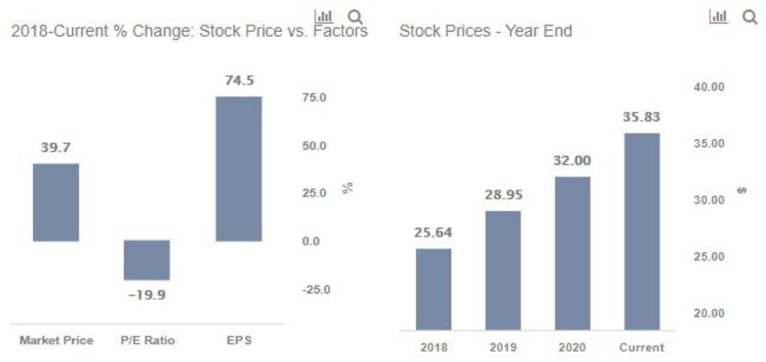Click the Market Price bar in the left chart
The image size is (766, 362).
click(x=56, y=202)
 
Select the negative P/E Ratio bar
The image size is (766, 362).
click(x=147, y=260)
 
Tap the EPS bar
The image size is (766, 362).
click(x=239, y=169)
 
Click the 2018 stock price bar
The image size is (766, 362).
click(x=434, y=289)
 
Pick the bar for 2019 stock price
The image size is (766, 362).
click(x=503, y=271)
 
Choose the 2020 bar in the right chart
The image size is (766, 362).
click(x=572, y=253)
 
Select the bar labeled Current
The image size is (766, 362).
click(x=642, y=232)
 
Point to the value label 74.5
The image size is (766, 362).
click(x=239, y=81)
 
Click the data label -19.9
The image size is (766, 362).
click(x=147, y=295)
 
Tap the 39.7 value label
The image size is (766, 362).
click(x=56, y=148)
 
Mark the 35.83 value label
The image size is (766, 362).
click(x=641, y=117)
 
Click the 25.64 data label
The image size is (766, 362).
click(x=434, y=233)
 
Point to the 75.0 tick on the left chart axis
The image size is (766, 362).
click(x=314, y=97)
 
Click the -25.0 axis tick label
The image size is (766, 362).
click(x=316, y=289)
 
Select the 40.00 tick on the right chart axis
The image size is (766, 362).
click(x=708, y=86)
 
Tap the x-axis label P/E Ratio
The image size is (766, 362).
click(x=148, y=340)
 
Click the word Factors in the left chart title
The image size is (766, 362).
click(x=341, y=32)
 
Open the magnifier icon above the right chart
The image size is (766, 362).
click(x=749, y=17)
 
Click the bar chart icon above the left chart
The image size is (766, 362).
click(x=323, y=17)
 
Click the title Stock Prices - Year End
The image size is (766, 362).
click(x=485, y=32)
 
